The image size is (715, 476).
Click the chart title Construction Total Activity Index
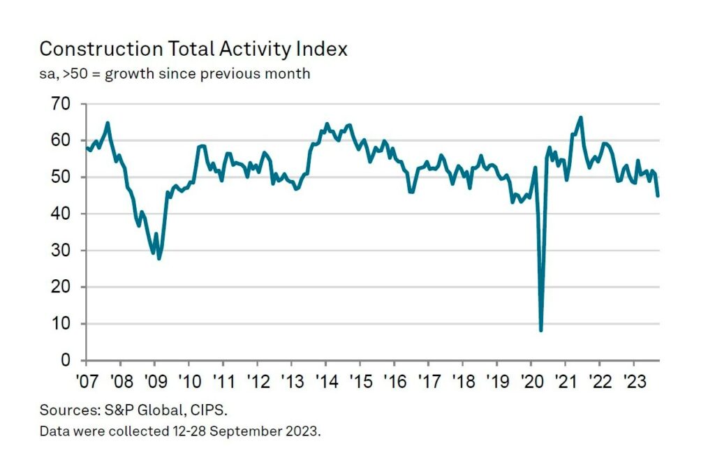coord(193,50)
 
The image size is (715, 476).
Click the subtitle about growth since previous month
coord(175,73)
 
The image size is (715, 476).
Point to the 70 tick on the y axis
coord(61,104)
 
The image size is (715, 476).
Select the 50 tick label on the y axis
coord(61,177)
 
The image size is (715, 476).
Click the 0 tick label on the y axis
coord(66,360)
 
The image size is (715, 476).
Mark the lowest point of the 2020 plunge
coord(541,330)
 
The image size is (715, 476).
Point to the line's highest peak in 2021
coord(581,117)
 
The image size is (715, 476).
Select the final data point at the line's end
coord(658,195)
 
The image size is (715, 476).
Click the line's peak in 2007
coord(108,123)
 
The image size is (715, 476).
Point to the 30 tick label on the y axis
coord(61,251)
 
